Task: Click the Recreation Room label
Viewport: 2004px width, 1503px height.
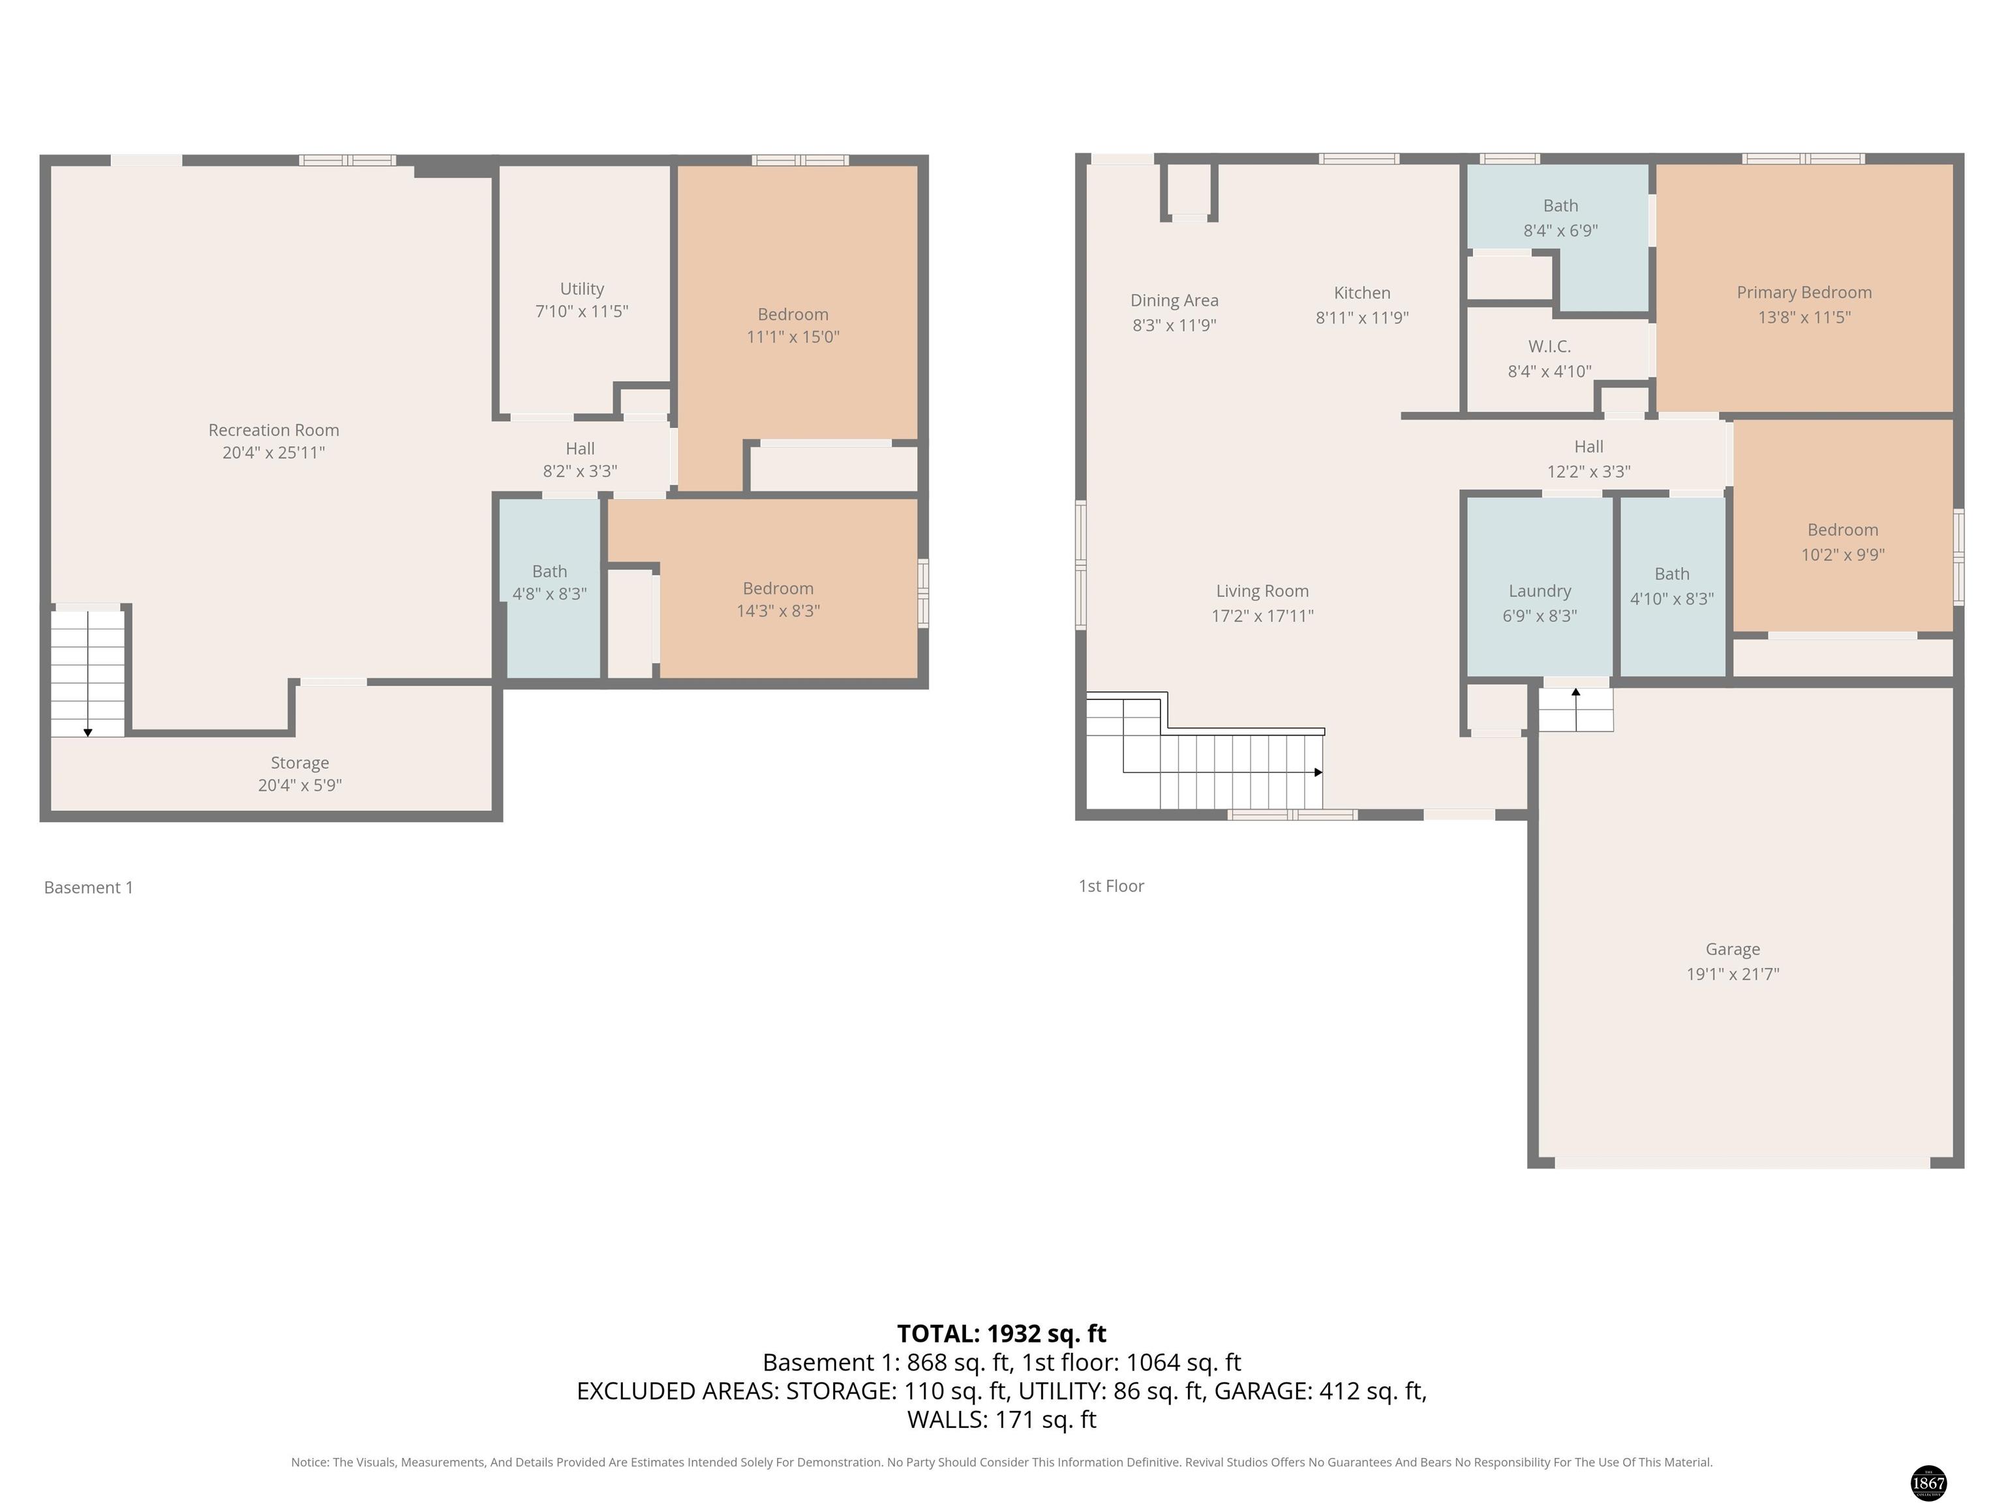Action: (273, 431)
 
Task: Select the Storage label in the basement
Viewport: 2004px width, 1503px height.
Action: (300, 763)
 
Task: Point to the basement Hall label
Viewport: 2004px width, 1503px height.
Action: (580, 448)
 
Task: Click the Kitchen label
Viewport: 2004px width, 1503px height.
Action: (1361, 293)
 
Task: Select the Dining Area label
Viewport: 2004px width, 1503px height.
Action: (1174, 300)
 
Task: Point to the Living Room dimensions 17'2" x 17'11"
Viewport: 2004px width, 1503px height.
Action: (1262, 616)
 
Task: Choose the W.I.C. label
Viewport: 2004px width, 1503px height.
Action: (1549, 346)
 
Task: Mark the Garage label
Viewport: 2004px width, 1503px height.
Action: (1732, 949)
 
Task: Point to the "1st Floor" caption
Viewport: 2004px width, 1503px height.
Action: (1111, 886)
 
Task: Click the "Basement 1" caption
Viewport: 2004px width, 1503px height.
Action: (89, 888)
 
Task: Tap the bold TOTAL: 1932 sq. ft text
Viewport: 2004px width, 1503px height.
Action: (1001, 1333)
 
